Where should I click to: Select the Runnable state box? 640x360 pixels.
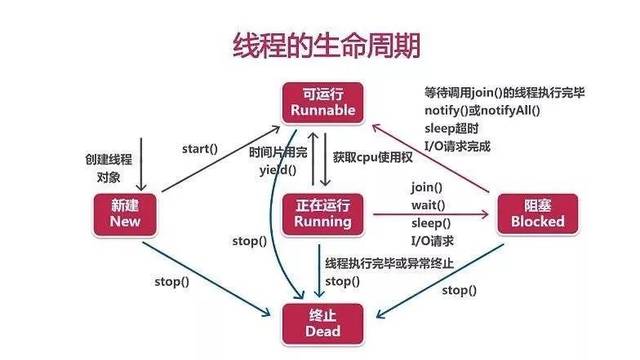320,100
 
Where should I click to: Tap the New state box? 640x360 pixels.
126,213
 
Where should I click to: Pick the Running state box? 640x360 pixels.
320,213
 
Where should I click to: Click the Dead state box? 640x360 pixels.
320,322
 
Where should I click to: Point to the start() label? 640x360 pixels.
200,149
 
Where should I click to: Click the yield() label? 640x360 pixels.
273,171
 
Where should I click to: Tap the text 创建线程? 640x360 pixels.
108,159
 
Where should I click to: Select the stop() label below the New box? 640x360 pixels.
171,281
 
